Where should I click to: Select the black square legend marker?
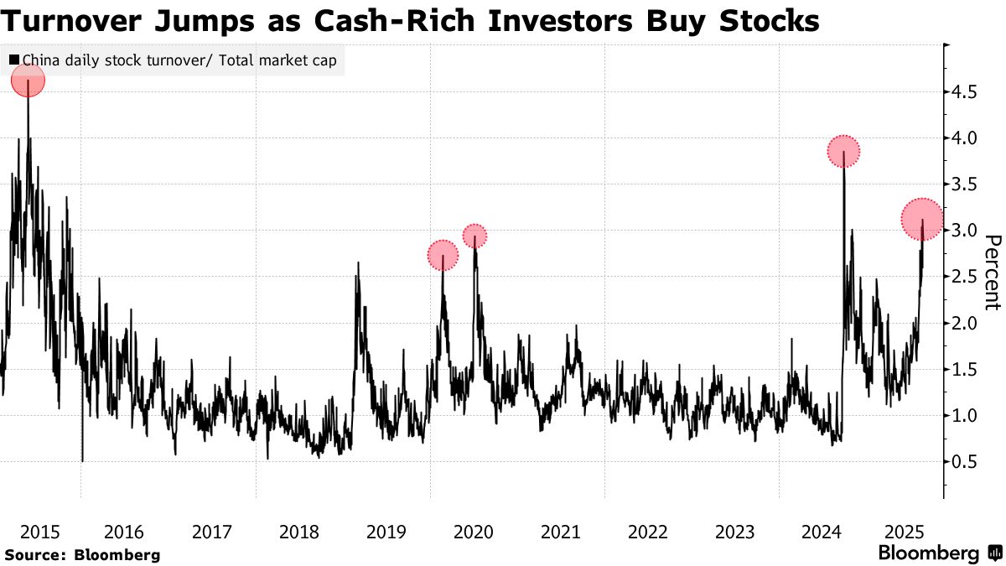(x=14, y=60)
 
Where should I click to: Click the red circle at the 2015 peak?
(x=28, y=80)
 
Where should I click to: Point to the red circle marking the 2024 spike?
(x=843, y=152)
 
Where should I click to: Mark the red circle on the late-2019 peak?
(x=443, y=256)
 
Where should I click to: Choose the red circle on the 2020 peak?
(x=475, y=236)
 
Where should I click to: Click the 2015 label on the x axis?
(x=39, y=532)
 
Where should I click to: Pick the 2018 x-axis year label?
(x=298, y=532)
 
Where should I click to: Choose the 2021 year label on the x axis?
(x=560, y=532)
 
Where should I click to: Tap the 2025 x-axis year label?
(x=905, y=532)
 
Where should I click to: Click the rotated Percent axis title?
(x=992, y=272)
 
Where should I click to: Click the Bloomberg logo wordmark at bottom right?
(x=928, y=553)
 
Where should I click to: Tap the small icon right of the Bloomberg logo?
(x=994, y=553)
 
